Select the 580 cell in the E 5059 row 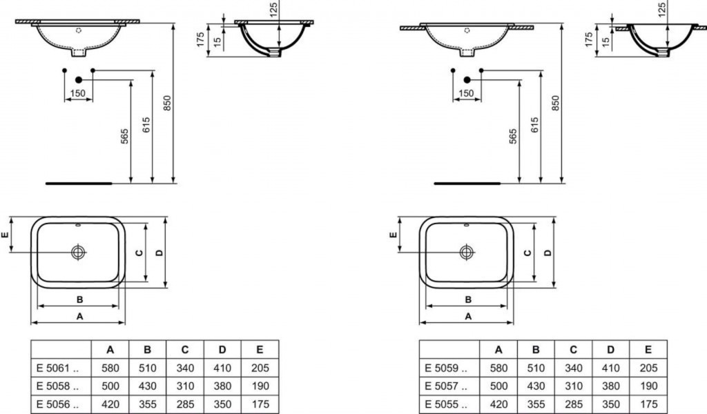click(x=498, y=368)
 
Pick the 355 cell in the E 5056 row click(x=148, y=404)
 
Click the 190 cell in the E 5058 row click(x=260, y=386)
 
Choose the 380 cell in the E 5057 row click(x=610, y=386)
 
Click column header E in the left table click(x=260, y=349)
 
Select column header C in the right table click(x=573, y=349)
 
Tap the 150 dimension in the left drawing click(x=78, y=93)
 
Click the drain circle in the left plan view click(x=78, y=253)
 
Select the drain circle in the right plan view click(x=467, y=253)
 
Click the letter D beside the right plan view click(x=548, y=253)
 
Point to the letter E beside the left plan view click(x=6, y=235)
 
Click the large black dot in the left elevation click(x=78, y=79)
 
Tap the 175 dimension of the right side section click(x=588, y=39)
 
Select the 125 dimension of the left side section click(x=273, y=9)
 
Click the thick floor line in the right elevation click(x=467, y=184)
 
